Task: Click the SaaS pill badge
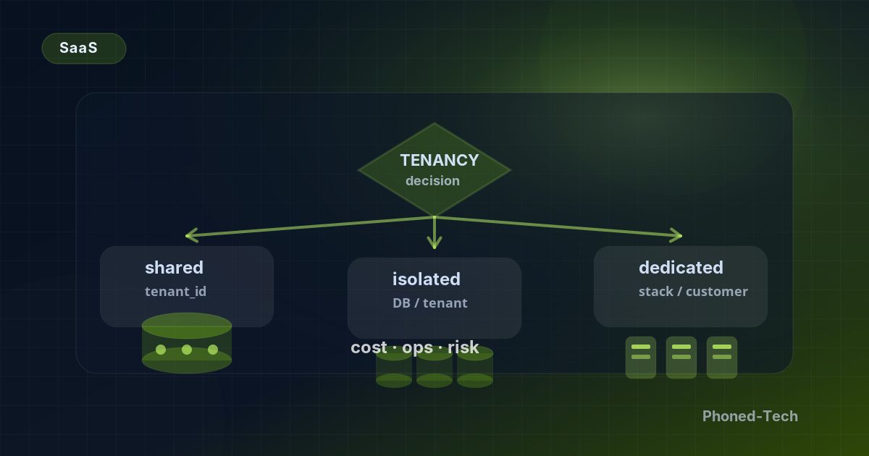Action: (84, 48)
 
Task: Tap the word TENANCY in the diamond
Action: (440, 160)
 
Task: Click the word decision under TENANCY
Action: (432, 181)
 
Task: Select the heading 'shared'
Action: (175, 268)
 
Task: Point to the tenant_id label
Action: (176, 291)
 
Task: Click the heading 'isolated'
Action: (427, 279)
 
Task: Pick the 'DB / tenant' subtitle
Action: (430, 303)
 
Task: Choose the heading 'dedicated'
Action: (681, 268)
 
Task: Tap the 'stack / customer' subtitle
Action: (693, 291)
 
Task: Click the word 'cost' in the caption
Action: (369, 347)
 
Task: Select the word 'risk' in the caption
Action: (463, 347)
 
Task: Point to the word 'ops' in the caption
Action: (417, 348)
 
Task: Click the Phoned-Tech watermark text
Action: (750, 416)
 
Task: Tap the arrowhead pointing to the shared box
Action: (192, 235)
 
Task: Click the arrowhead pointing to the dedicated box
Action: (676, 236)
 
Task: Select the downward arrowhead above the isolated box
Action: (434, 243)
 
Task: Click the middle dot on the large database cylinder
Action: (187, 350)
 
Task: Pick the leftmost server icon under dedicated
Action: (641, 358)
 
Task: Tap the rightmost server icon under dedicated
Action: (722, 358)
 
